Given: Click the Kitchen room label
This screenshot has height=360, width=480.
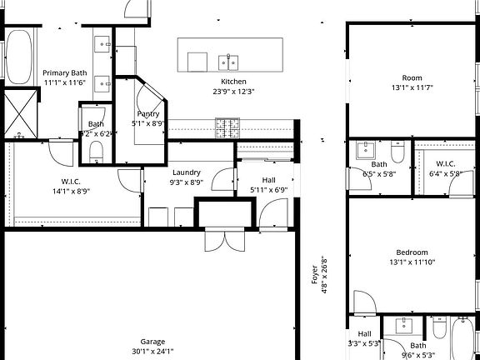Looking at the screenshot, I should pos(233,81).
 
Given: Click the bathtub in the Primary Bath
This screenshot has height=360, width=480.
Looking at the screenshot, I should pos(19,56).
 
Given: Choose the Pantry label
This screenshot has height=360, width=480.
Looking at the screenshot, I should pos(148,113).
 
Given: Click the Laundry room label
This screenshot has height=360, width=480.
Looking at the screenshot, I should pos(187,172).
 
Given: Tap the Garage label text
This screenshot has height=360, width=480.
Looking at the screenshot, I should pos(152,342).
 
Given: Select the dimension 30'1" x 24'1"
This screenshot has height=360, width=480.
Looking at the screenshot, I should pos(152,351).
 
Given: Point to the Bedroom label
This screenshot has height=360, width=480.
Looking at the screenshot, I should pos(412,252).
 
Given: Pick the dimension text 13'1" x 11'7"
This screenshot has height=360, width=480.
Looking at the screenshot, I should pos(412,87).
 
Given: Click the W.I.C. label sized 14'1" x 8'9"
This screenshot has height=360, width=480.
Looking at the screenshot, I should pos(70,181).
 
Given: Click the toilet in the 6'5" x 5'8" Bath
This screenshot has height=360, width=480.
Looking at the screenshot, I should pos(397,153).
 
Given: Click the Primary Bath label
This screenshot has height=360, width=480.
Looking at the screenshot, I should pos(64,73).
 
